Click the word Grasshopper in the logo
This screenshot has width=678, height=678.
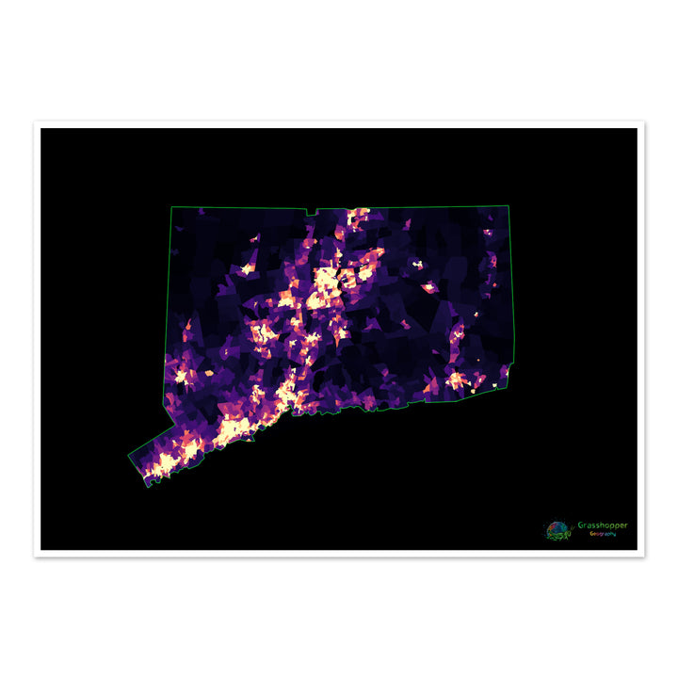[603, 525]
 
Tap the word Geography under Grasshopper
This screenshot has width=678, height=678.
[603, 534]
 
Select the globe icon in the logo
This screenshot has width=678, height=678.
[558, 530]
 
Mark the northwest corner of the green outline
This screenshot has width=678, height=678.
[171, 207]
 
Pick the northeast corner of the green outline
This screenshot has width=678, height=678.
[508, 205]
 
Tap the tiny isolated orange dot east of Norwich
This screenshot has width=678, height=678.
[478, 359]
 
